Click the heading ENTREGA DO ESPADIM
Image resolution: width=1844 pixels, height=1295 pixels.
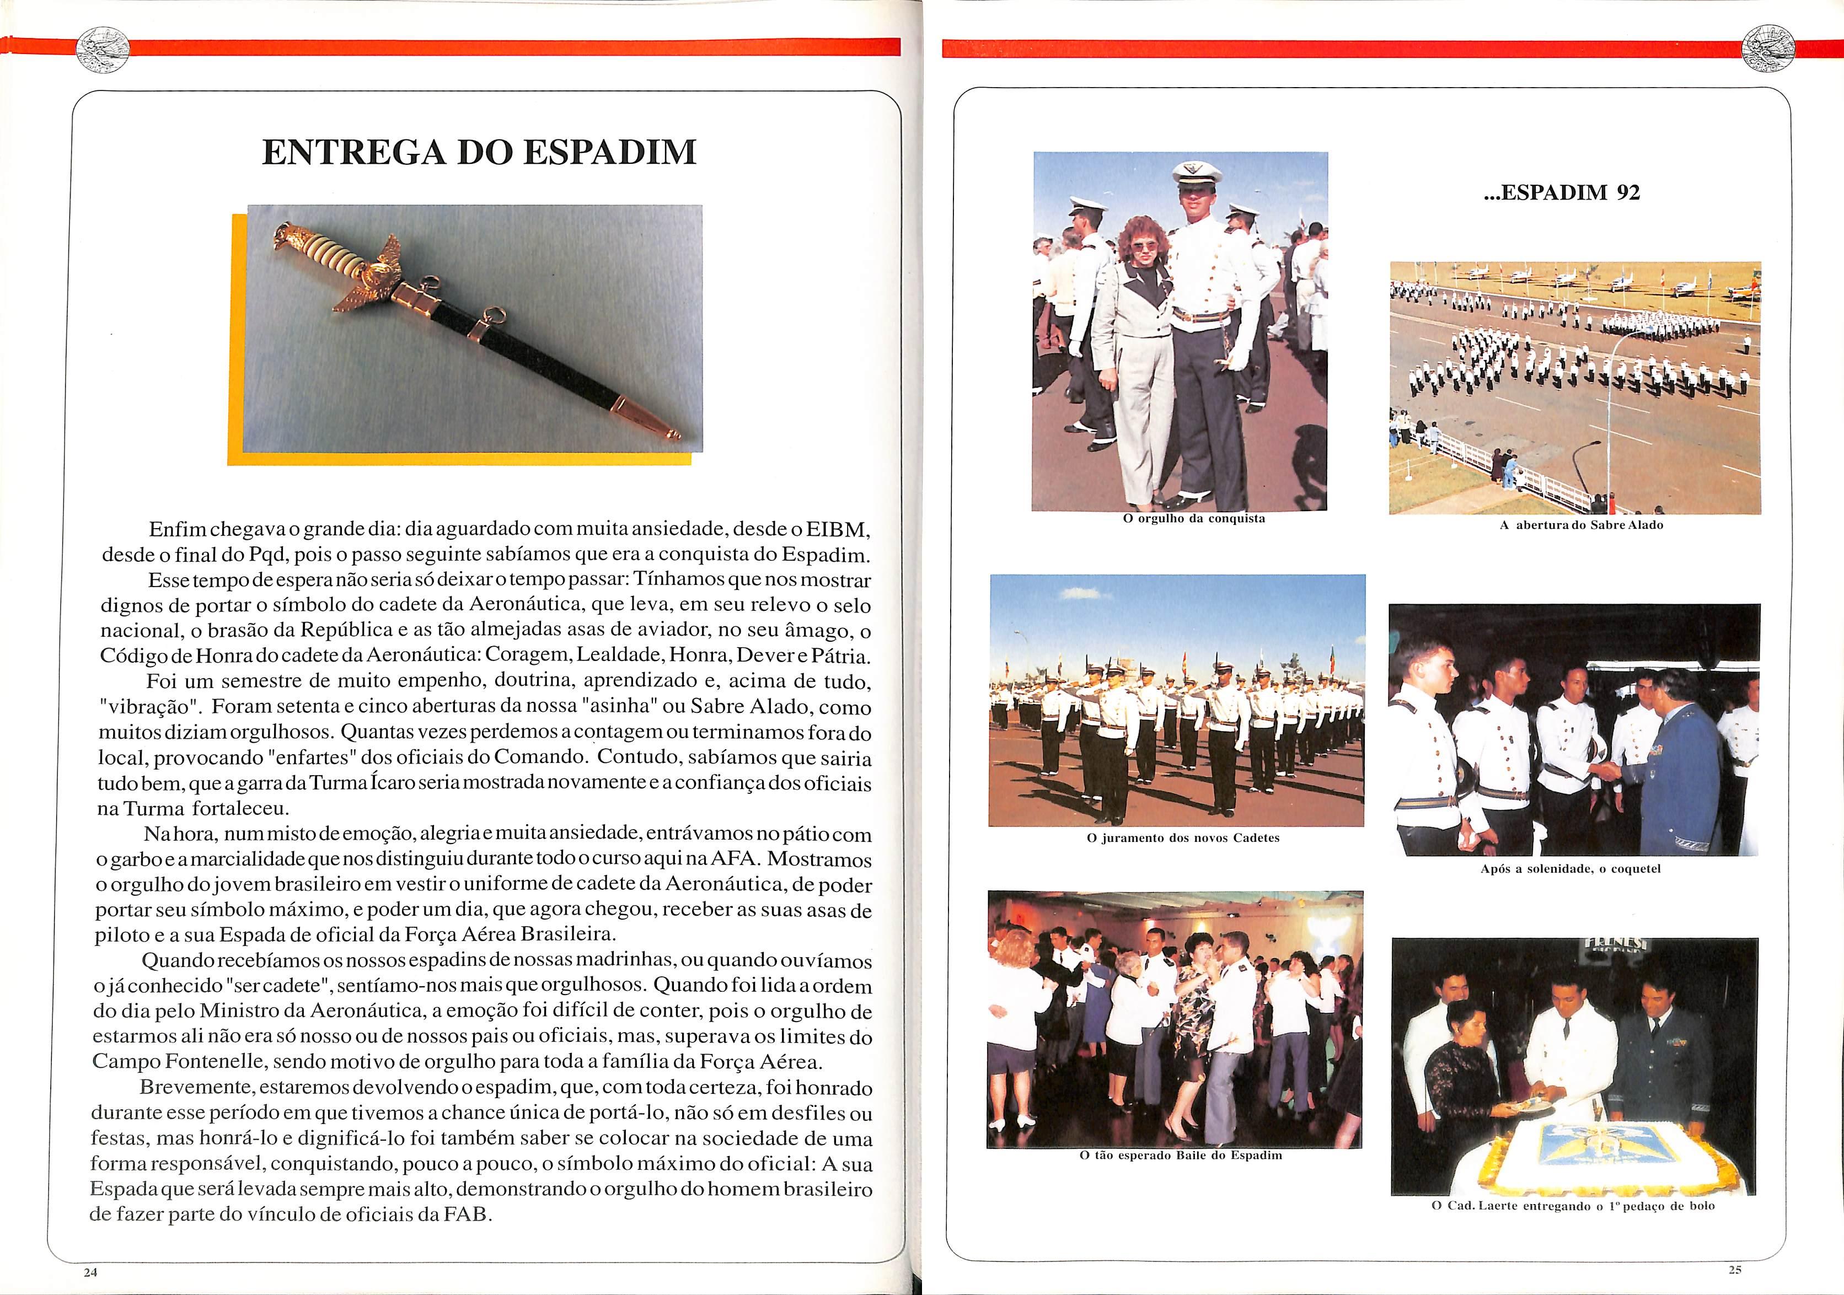479,152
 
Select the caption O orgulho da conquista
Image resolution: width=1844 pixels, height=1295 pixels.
1193,519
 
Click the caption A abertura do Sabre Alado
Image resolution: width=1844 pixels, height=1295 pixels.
1580,525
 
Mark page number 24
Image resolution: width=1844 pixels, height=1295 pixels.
90,1272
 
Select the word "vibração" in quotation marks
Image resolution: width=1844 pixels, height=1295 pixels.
144,708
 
